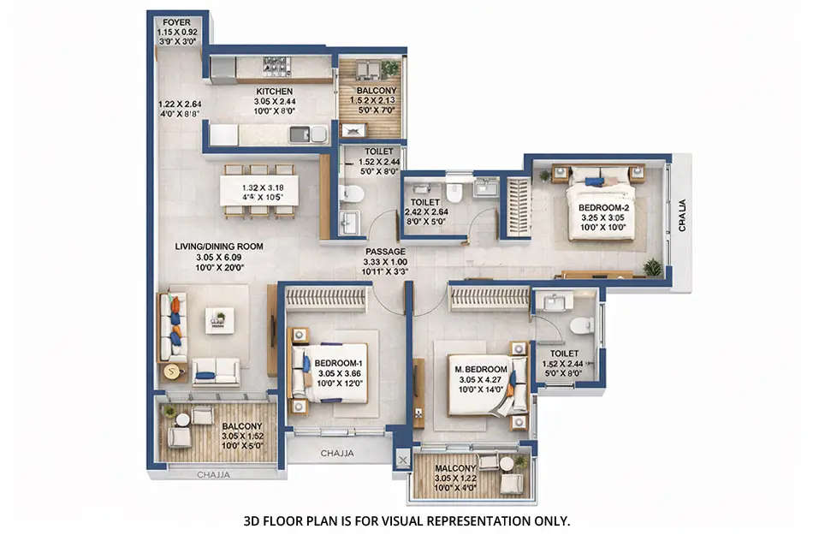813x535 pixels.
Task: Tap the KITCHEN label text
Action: tap(275, 91)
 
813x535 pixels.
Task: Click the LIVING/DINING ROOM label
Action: tap(219, 247)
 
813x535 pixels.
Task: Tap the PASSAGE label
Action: tap(386, 252)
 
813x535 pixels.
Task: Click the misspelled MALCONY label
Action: tap(454, 469)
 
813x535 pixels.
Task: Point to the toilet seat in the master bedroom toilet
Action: tap(582, 325)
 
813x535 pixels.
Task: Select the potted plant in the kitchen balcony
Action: tap(390, 68)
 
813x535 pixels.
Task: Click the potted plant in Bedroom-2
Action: tap(652, 267)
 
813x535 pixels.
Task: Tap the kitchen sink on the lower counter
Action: tap(300, 134)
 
